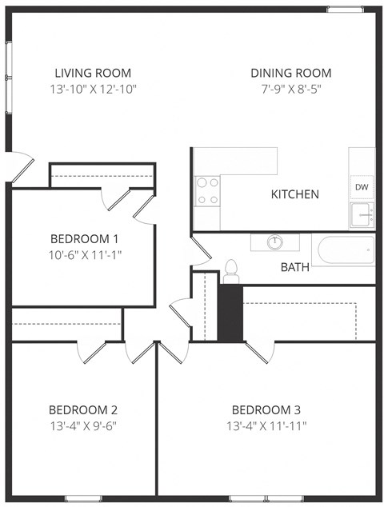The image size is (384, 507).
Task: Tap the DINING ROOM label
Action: [x=290, y=73]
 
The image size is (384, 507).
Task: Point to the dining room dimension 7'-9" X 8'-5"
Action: [x=290, y=89]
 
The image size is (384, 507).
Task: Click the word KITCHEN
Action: [x=294, y=194]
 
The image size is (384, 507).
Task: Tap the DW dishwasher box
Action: [x=362, y=186]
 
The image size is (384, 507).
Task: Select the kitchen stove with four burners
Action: [x=207, y=190]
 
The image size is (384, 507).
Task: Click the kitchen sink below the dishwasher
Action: [x=362, y=214]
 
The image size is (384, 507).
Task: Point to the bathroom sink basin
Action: [x=275, y=242]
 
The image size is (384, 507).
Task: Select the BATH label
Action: [x=294, y=267]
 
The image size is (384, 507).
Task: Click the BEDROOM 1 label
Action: [x=84, y=238]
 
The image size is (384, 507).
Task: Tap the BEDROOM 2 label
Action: [x=83, y=409]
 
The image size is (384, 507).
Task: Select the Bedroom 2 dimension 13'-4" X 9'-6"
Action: [x=83, y=425]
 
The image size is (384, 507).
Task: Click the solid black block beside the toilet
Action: [x=230, y=312]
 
